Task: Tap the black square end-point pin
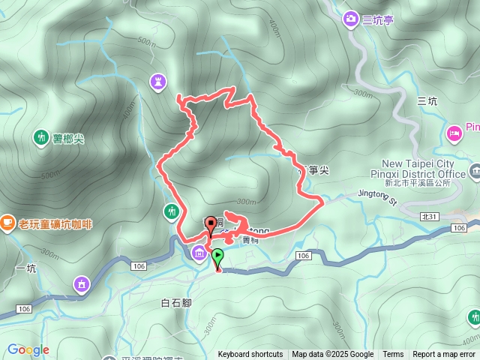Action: click(211, 223)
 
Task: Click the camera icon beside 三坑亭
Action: click(350, 18)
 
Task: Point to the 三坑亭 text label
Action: click(377, 19)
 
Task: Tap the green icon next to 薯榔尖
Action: click(39, 137)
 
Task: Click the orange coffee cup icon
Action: click(7, 222)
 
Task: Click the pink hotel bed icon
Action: click(454, 133)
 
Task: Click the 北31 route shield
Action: click(429, 216)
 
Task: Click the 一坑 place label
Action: click(25, 268)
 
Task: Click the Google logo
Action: click(28, 349)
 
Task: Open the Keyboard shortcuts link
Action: click(250, 355)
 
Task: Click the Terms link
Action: click(393, 355)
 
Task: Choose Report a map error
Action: click(444, 355)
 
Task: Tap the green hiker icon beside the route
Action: click(172, 211)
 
